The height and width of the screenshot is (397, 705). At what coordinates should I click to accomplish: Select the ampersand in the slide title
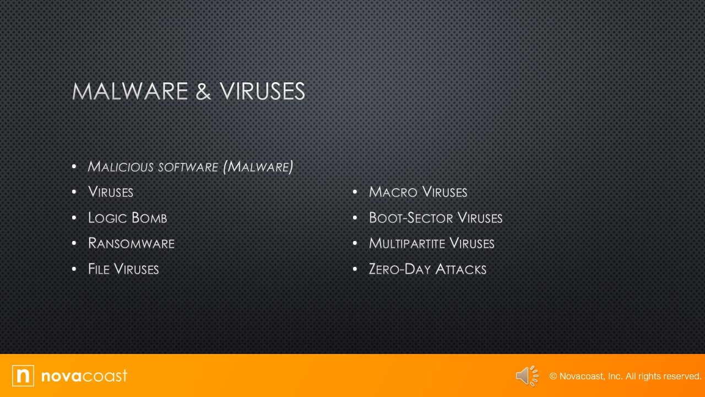(x=203, y=92)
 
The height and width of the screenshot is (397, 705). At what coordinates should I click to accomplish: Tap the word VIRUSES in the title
(x=262, y=92)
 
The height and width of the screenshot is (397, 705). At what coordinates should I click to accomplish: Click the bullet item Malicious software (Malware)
(x=190, y=167)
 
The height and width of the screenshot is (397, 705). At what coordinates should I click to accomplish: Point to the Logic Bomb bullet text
(x=127, y=218)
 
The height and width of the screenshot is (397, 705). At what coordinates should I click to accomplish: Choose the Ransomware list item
(x=131, y=243)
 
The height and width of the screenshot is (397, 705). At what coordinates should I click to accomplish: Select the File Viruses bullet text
(x=123, y=269)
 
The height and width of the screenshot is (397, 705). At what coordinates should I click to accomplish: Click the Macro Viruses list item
(x=418, y=192)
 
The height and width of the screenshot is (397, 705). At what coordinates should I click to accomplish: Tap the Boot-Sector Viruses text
(x=436, y=218)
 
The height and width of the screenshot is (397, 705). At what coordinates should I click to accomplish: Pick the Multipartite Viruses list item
(x=432, y=243)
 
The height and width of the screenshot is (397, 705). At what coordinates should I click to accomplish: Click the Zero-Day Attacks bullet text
(x=427, y=269)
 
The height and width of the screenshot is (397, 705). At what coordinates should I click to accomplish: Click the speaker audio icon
(x=527, y=376)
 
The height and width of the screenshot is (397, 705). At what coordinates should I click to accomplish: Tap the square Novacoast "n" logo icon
(x=23, y=375)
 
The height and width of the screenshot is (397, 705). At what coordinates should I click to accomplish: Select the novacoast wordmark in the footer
(x=84, y=376)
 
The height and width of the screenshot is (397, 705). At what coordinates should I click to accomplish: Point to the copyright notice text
(x=625, y=376)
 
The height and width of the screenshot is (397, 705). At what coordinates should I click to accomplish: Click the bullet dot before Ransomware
(x=74, y=243)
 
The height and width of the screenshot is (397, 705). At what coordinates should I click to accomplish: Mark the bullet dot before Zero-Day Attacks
(x=355, y=269)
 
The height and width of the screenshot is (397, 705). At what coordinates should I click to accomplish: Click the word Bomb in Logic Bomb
(x=149, y=218)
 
